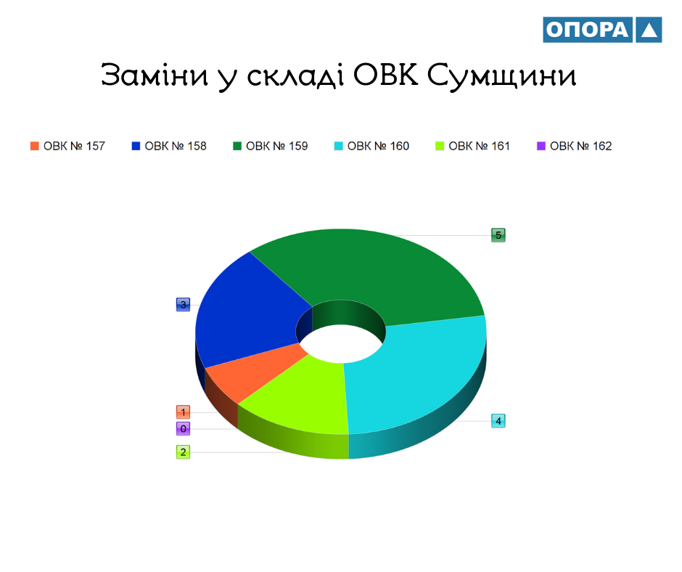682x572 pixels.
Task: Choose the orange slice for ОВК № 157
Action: tap(252, 370)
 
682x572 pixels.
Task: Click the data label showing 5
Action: tap(498, 235)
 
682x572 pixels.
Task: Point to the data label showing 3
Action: tap(183, 304)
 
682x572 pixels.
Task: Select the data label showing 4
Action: tap(498, 421)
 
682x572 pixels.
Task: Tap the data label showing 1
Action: tap(183, 412)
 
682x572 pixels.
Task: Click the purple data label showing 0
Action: tap(183, 428)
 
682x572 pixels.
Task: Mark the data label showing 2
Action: tap(183, 452)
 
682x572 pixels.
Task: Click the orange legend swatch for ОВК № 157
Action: tap(34, 146)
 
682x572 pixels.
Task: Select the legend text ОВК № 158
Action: tap(176, 146)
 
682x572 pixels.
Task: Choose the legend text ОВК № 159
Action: tap(276, 146)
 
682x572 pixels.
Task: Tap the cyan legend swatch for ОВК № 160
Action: tap(338, 146)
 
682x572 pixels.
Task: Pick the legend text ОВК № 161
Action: tap(479, 146)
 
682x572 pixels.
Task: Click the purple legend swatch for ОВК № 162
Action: tap(541, 146)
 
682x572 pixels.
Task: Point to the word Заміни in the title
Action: tap(155, 74)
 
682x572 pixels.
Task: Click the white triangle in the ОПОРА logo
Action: tap(649, 30)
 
